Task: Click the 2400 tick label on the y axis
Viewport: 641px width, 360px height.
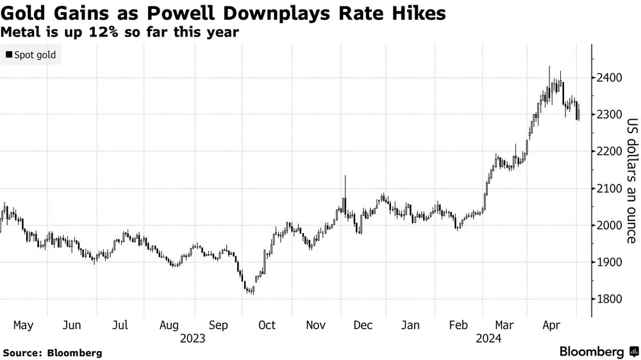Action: click(610, 78)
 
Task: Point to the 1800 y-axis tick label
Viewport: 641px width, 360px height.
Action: click(610, 299)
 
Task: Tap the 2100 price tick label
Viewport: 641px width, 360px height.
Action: click(610, 188)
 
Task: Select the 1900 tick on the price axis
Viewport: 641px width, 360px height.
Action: click(610, 263)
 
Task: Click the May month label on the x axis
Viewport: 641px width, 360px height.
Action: click(24, 325)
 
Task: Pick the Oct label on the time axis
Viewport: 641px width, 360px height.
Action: click(266, 325)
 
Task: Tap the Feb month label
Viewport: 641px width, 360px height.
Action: click(460, 325)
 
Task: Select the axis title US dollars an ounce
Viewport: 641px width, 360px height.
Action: click(631, 181)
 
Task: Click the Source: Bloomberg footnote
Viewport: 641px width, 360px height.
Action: click(53, 353)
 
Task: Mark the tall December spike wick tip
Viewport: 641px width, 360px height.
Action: click(345, 176)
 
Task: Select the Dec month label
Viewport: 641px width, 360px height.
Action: click(363, 325)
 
